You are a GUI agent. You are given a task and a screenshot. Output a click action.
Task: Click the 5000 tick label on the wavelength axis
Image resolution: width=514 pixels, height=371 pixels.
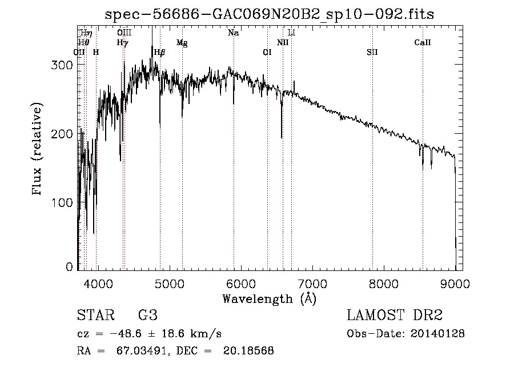point(168,284)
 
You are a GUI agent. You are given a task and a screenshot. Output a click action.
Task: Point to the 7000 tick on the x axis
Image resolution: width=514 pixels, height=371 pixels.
point(312,284)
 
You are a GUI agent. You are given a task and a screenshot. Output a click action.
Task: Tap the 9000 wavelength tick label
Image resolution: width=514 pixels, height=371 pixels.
point(455,284)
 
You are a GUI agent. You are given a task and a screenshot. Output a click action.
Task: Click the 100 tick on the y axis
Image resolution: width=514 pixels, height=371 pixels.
point(64,203)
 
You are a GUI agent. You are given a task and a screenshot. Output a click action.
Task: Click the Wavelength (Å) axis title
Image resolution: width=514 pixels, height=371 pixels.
point(269,298)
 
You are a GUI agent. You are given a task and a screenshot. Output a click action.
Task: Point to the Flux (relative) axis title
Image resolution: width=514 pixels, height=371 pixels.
point(38,150)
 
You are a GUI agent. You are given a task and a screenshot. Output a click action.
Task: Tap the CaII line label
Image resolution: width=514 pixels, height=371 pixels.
point(423,43)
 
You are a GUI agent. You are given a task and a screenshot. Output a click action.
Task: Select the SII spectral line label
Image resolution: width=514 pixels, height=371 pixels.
point(372,53)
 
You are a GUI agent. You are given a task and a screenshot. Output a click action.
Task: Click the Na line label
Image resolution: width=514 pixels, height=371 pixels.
point(233,33)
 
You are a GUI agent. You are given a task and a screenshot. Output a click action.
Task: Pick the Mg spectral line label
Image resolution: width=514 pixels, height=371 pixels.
point(182,43)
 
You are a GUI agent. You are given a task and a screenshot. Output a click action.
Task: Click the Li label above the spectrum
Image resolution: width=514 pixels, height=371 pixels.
point(291,33)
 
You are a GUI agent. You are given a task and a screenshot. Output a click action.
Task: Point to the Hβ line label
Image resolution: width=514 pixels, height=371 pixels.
point(160,53)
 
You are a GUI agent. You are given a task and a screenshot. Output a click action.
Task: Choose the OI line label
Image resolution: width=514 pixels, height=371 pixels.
point(267,53)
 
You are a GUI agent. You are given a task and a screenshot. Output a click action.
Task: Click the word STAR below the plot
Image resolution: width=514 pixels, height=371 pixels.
point(95,316)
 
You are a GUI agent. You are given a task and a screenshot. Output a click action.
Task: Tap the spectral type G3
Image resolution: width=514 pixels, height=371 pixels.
point(148,316)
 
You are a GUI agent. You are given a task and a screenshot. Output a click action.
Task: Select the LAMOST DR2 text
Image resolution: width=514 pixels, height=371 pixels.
point(395,316)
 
